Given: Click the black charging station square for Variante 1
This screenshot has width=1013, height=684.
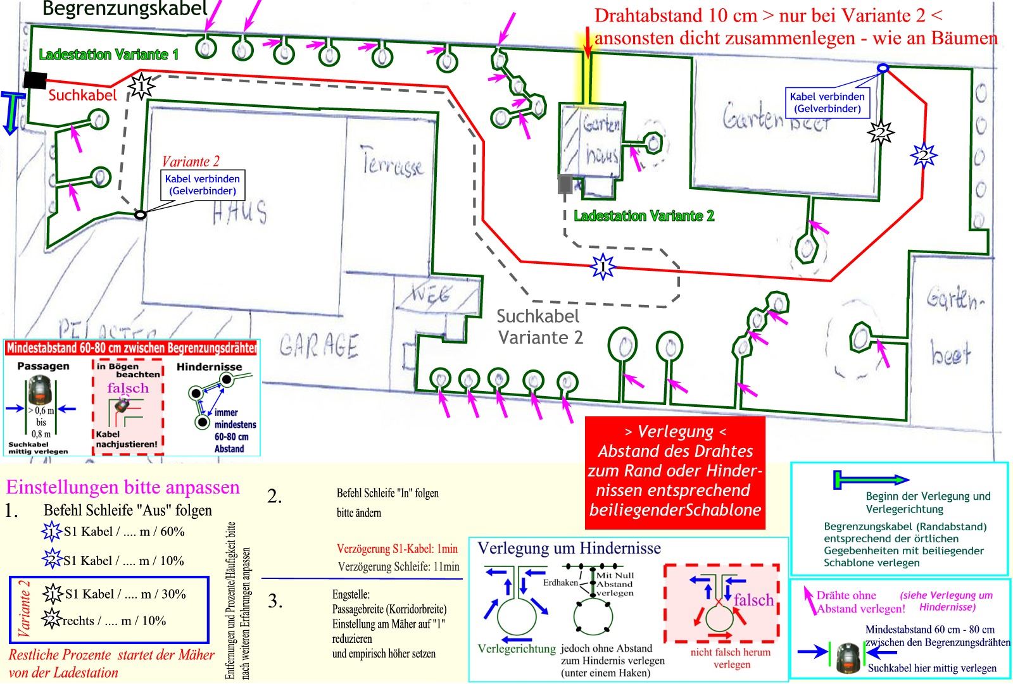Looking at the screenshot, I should point(35,80).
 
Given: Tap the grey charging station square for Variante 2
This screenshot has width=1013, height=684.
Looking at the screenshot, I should point(565,184).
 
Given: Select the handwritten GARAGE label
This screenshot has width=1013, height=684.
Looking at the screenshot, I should point(319,346).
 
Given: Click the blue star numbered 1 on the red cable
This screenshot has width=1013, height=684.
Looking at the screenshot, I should point(602,266).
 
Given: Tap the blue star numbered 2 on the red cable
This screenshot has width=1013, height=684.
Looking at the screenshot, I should point(924,154).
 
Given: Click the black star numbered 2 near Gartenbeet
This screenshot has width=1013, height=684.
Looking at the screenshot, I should point(880,132).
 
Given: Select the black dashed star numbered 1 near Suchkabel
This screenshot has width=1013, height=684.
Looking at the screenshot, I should point(142,85).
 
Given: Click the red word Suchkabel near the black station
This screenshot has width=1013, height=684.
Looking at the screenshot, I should point(83,96).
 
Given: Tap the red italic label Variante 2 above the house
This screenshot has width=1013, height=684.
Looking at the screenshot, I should point(191,161).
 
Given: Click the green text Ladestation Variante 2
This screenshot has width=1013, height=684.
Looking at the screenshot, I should point(644,216).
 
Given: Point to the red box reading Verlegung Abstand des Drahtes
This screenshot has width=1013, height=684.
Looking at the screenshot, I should point(675,471).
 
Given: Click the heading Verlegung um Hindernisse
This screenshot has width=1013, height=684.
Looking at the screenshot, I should point(569,548).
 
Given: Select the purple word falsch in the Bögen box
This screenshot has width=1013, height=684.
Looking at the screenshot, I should point(128,388).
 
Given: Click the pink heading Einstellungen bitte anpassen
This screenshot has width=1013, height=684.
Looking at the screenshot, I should point(123,487).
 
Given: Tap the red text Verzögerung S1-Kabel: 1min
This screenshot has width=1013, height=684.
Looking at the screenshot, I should point(397,549).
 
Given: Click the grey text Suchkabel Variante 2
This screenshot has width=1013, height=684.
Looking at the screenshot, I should point(539,326).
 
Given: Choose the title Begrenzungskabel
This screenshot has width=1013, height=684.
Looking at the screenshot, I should point(125,9).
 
